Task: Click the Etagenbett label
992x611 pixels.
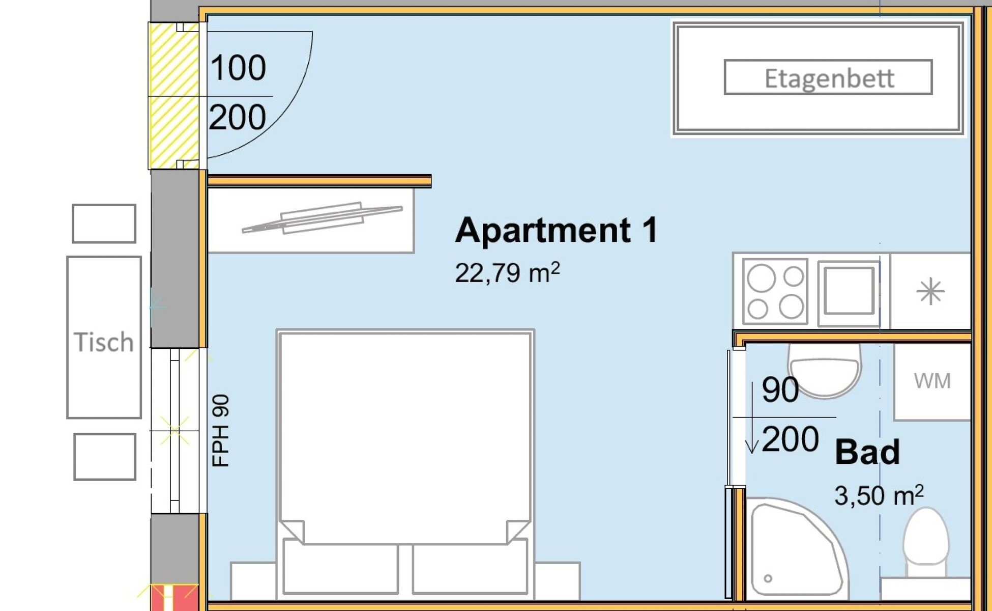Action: point(829,78)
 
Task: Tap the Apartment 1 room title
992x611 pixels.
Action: point(557,230)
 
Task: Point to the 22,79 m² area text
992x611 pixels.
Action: point(507,272)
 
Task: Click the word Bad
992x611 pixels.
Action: point(867,452)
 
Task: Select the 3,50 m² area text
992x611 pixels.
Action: point(879,495)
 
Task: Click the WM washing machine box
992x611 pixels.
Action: point(932,381)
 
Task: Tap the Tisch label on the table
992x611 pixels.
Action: point(104,342)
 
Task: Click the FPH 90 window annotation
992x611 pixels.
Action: point(221,431)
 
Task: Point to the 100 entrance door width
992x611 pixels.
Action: point(238,68)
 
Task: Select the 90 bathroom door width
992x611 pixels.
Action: point(780,390)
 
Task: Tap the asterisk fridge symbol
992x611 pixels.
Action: point(930,291)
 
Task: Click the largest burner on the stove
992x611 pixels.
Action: point(761,278)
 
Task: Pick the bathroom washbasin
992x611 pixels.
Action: point(824,371)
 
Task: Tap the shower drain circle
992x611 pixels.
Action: point(768,578)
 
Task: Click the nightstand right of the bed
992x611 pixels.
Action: point(557,581)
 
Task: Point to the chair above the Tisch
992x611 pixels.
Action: point(104,224)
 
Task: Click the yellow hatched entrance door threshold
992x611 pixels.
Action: point(173,96)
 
